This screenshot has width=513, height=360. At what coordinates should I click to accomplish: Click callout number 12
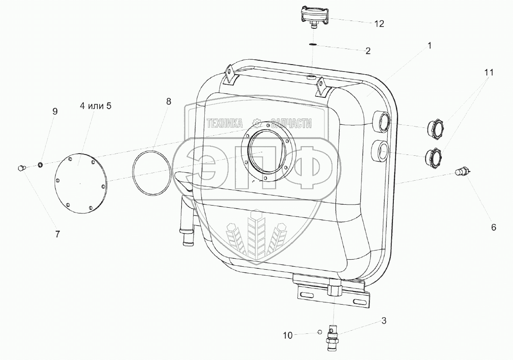click(x=379, y=24)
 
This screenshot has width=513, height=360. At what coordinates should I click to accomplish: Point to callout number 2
click(x=368, y=51)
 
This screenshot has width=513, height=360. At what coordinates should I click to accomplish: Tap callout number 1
click(x=430, y=46)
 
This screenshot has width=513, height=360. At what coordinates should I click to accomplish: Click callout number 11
click(x=489, y=72)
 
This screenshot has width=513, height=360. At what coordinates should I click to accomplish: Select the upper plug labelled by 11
click(x=435, y=127)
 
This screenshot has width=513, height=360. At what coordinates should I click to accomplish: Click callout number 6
click(x=494, y=227)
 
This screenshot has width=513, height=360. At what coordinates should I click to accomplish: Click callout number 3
click(x=384, y=321)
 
